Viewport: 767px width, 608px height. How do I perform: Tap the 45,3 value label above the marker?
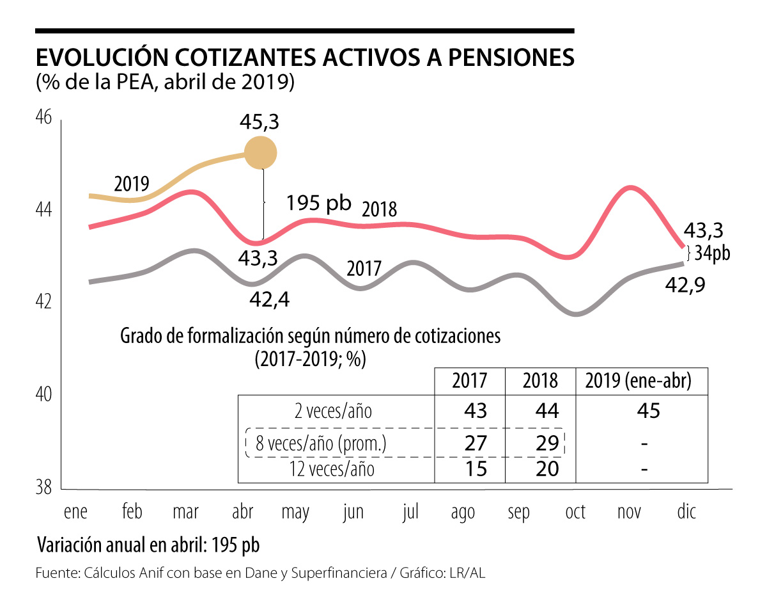[260, 121]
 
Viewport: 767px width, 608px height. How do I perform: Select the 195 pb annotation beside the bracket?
[319, 203]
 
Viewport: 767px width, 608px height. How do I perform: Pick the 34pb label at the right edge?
[713, 253]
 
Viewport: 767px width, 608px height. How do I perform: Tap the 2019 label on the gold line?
[131, 184]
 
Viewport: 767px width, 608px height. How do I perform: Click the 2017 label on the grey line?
[364, 269]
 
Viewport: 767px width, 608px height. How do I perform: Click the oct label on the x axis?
[575, 513]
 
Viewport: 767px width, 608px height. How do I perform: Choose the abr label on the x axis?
[243, 513]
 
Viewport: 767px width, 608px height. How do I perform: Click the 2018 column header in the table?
[540, 381]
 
